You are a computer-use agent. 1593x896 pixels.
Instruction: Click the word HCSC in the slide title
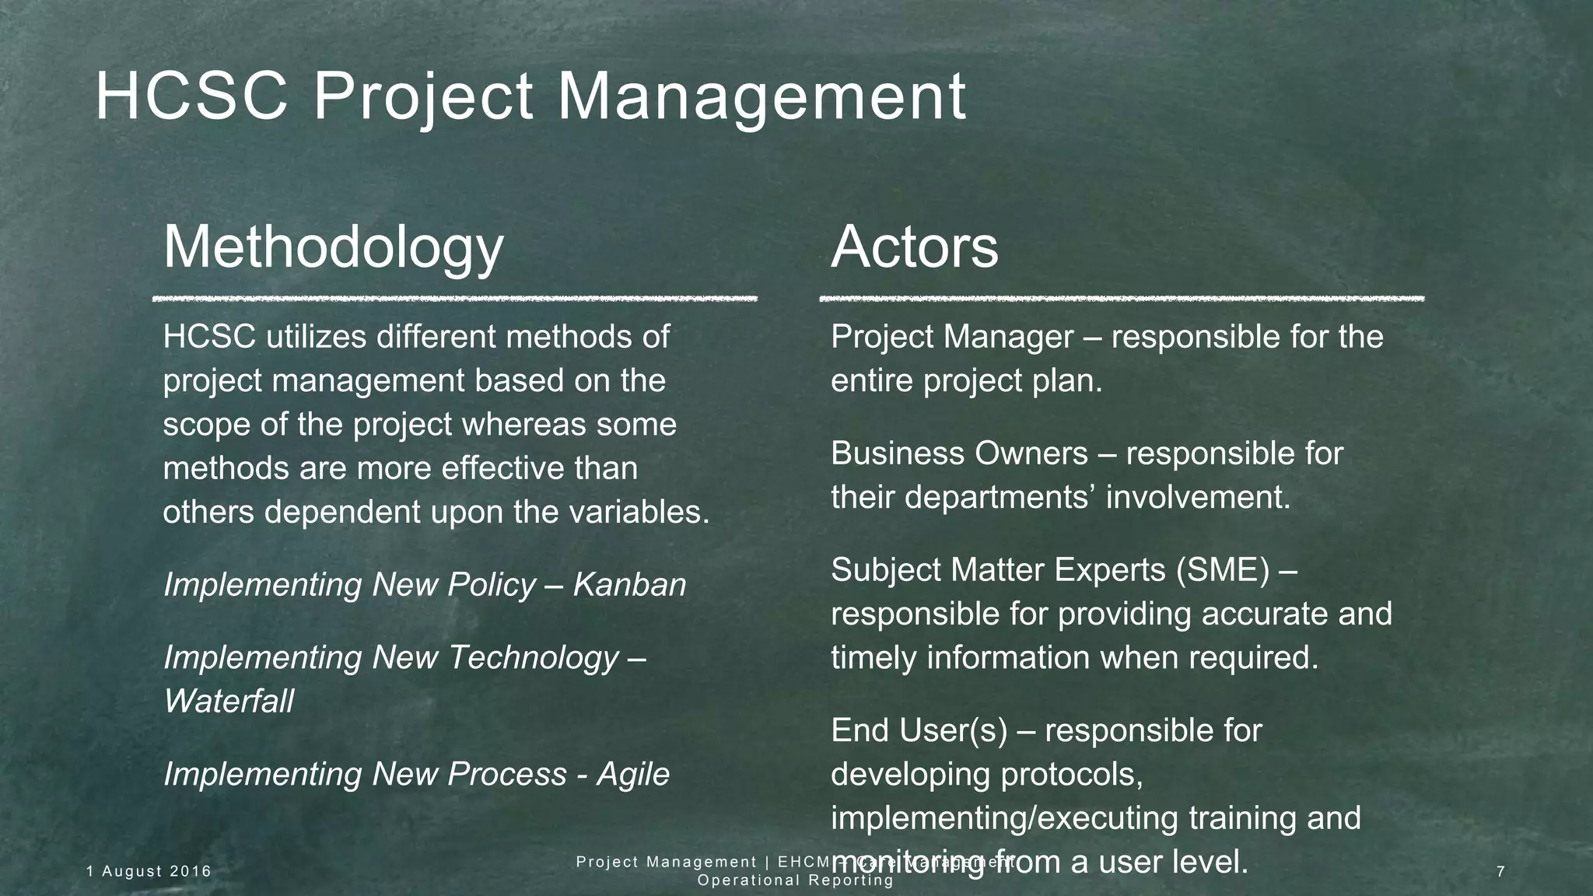point(191,97)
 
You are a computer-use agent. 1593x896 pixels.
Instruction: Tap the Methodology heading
point(333,247)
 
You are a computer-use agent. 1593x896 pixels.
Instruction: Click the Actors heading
point(914,247)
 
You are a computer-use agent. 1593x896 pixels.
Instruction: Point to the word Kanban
point(629,585)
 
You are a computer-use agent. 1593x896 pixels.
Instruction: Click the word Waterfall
point(229,702)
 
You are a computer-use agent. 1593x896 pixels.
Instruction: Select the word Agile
point(633,775)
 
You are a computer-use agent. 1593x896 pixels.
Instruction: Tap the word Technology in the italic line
point(534,658)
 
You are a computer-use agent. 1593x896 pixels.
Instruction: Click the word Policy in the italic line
point(492,585)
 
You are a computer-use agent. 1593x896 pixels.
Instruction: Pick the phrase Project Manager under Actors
point(951,337)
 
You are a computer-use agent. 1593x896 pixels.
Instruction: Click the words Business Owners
point(958,453)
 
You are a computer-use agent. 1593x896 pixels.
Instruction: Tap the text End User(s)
point(918,731)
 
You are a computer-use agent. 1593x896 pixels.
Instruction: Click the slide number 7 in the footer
point(1500,872)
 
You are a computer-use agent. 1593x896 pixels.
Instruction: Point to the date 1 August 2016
point(149,872)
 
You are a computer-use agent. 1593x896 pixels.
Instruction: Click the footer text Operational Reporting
point(795,880)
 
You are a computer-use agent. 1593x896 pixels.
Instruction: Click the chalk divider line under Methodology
point(454,299)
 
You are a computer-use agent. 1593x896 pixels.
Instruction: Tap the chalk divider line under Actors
point(1122,299)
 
